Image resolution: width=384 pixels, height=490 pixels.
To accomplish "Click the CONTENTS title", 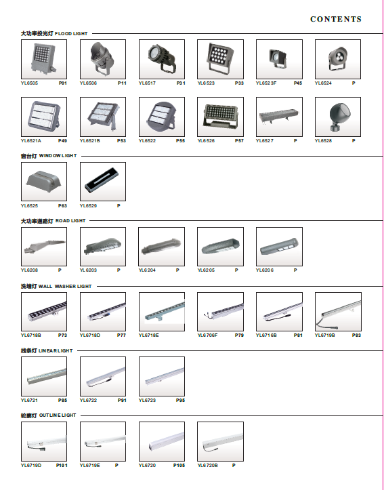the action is coord(336,19).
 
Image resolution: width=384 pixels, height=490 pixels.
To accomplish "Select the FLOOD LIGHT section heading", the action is coord(54,33).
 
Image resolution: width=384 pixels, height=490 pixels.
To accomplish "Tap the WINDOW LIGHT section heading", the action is coord(49,156).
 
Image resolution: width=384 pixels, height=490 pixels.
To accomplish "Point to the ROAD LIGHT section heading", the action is coord(53,221).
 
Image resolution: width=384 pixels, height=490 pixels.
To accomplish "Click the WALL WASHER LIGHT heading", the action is coord(56,286).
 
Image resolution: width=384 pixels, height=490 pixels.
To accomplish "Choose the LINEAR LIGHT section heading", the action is coord(47,350).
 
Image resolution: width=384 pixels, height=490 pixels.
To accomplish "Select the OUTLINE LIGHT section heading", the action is coord(48,415).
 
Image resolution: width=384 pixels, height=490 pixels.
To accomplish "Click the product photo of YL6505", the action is coord(44,59).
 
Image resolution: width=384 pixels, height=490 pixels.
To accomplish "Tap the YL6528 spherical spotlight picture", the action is coord(338,117).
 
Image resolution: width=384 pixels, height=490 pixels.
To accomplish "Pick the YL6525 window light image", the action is coord(44,182).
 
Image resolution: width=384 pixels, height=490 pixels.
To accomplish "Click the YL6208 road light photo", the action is coord(44,247).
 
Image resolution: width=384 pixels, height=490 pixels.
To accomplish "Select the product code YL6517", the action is coord(147,83).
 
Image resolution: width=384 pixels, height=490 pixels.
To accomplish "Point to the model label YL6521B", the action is coord(90,140).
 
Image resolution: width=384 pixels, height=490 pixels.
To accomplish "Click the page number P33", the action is coord(239,83).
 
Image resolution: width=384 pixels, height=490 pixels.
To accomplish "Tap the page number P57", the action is coord(239,140).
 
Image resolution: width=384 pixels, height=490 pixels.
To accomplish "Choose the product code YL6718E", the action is coord(148,335).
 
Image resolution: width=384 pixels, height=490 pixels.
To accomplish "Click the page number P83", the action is coord(356,335).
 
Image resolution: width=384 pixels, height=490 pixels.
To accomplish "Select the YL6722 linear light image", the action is coord(103,376).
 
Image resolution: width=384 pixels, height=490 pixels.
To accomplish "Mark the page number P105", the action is coord(179,466).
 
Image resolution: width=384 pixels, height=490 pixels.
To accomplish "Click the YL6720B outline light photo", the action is coord(220,441).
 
